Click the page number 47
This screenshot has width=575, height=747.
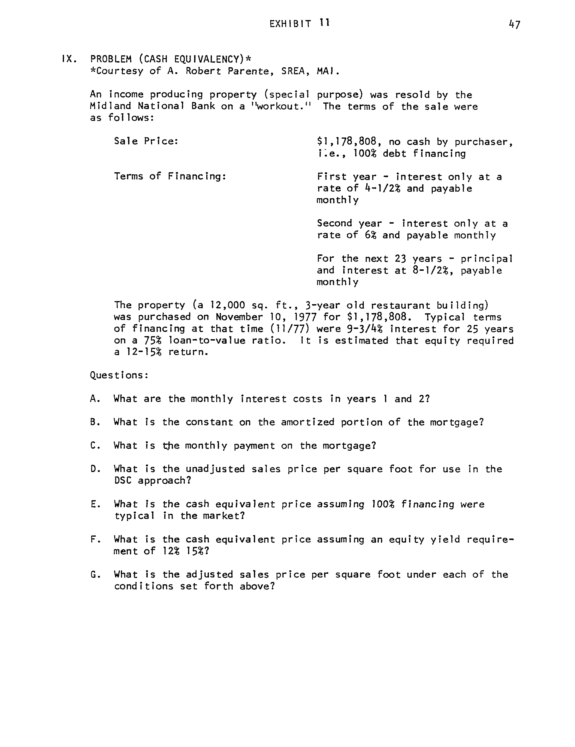click(514, 25)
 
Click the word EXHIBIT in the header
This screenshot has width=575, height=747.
click(290, 24)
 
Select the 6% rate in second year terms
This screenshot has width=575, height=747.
click(370, 235)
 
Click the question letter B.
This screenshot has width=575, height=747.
click(95, 422)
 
